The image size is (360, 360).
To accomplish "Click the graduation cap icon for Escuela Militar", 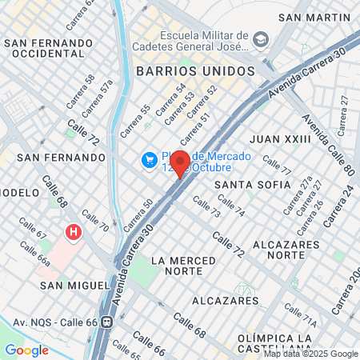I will tap(260, 39).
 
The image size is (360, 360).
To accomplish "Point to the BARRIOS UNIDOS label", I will tap(195, 70).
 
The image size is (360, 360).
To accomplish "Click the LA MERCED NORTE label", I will tap(182, 266).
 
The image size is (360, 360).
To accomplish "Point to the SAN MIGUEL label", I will tap(74, 285).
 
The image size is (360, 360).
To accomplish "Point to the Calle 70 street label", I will tap(94, 222).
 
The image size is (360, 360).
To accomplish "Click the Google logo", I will tap(26, 350).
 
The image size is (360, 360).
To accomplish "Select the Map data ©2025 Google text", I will tap(311, 354).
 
